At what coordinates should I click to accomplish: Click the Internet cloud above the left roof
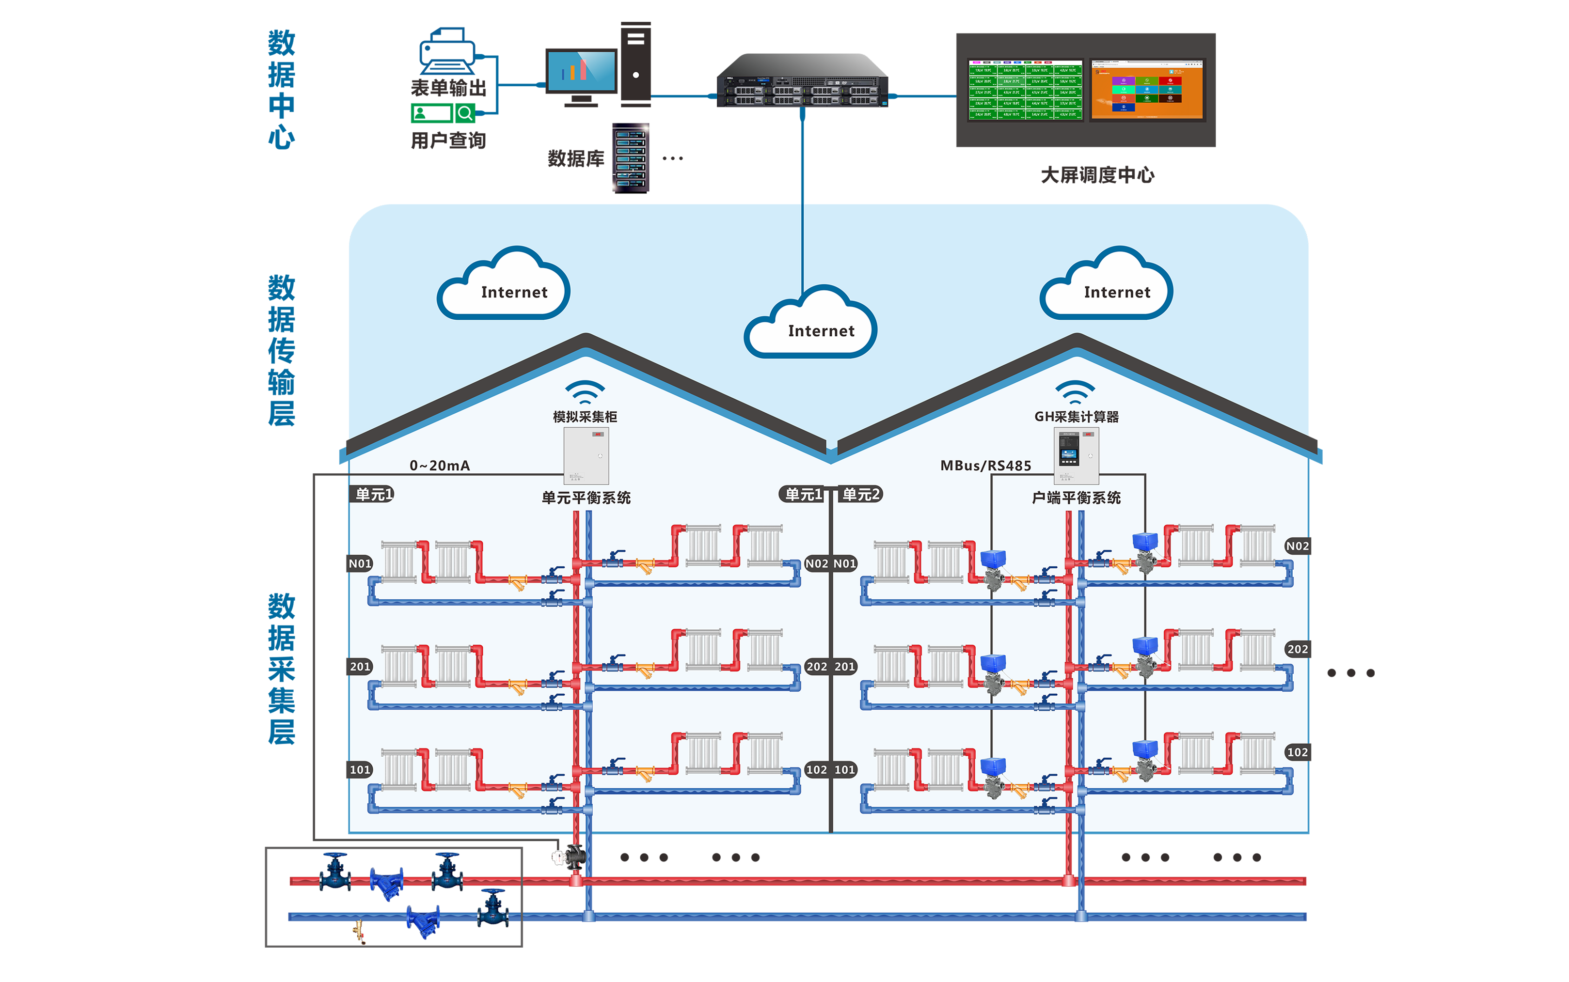[x=504, y=286]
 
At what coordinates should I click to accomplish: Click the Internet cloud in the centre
[x=811, y=324]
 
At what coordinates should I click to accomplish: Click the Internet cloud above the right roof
[x=1107, y=286]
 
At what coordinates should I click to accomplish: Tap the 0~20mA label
[x=439, y=466]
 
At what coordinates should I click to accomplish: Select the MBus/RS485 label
[x=985, y=466]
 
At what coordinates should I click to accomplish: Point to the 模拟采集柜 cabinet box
[x=586, y=456]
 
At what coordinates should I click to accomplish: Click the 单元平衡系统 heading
[x=586, y=498]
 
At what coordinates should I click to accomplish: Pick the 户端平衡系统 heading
[x=1076, y=498]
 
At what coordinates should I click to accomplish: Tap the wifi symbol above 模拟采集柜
[x=585, y=391]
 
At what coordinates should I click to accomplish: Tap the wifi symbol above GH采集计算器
[x=1075, y=391]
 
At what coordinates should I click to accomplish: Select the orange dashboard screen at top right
[x=1147, y=90]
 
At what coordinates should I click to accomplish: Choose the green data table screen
[x=1025, y=90]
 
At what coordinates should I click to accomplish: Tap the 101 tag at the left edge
[x=360, y=770]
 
